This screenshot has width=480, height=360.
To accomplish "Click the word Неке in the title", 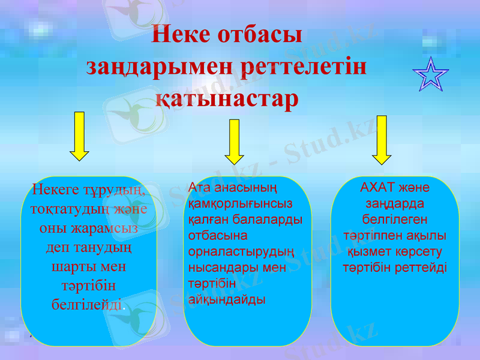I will pos(179,34).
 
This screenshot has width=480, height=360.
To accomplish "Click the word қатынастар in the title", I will pos(227,99).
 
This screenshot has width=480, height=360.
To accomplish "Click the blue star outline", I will pos(430,74).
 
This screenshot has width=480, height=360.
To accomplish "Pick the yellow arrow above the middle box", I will pos(234,142).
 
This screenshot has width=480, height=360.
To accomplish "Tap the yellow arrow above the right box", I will pos(382,139).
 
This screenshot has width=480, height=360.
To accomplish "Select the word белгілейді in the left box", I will pos(88,304).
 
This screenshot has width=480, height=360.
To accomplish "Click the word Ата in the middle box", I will pos(199,188).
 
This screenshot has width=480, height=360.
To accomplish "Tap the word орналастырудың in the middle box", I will pos(241,251).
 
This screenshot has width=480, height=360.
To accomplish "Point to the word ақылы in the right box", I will pos(424,235).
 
